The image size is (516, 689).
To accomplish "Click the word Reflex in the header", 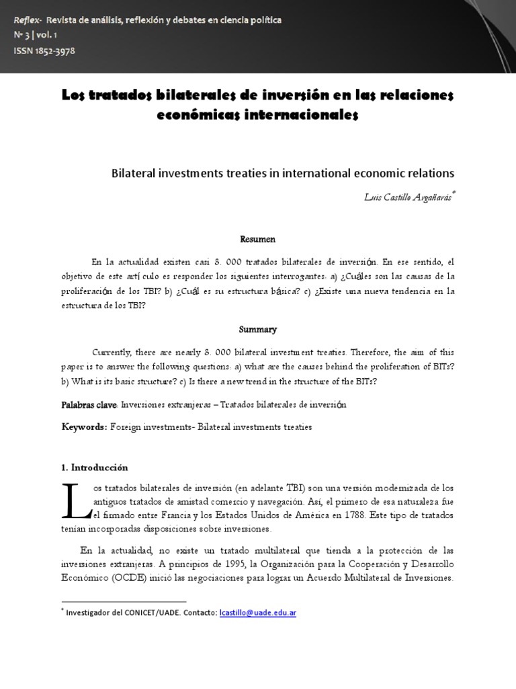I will pyautogui.click(x=26, y=20).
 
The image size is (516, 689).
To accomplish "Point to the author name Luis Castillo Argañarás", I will pyautogui.click(x=409, y=196).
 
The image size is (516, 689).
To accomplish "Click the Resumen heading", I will pyautogui.click(x=258, y=239).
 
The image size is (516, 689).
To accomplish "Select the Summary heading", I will pyautogui.click(x=258, y=330).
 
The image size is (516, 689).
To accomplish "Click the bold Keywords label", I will pyautogui.click(x=84, y=427).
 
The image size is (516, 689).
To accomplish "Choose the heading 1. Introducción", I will pyautogui.click(x=95, y=468).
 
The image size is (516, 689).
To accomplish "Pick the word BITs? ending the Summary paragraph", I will pyautogui.click(x=365, y=382).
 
